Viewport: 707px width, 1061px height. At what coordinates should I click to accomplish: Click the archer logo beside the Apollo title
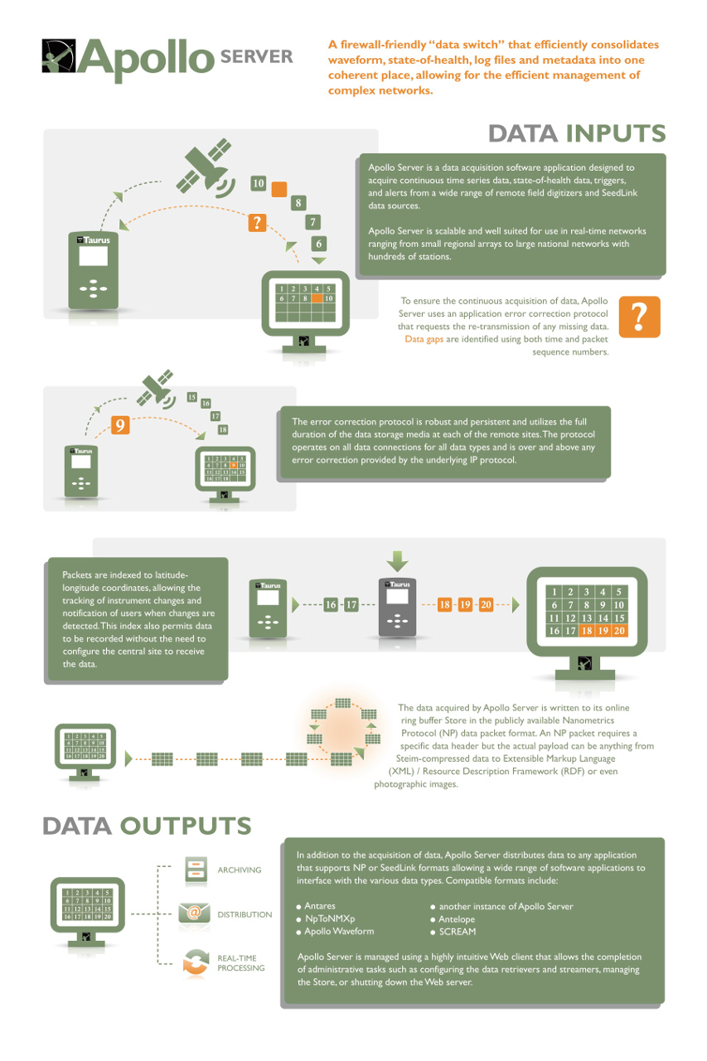click(x=58, y=56)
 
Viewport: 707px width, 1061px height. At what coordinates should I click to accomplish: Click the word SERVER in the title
click(x=257, y=57)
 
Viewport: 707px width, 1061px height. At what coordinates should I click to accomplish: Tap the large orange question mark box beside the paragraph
click(x=639, y=317)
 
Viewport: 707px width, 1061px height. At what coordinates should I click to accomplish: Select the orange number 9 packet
click(x=120, y=425)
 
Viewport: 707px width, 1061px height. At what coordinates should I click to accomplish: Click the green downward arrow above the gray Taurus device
click(x=397, y=561)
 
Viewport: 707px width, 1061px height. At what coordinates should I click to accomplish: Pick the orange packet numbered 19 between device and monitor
click(x=465, y=605)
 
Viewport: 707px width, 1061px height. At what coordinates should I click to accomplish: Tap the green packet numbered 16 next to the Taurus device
click(x=331, y=605)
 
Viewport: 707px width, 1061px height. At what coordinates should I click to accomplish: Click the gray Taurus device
click(x=397, y=608)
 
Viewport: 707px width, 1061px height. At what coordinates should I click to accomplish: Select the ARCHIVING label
click(x=240, y=870)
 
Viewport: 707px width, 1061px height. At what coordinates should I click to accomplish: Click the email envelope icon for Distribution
click(x=194, y=913)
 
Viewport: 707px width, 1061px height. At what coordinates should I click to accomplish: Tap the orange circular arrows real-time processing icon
click(x=196, y=962)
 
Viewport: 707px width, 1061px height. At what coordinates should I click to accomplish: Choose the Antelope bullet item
click(x=457, y=919)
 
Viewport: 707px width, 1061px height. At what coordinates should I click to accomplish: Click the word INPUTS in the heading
click(x=616, y=133)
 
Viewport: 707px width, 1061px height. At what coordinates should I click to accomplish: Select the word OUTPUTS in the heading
click(x=185, y=826)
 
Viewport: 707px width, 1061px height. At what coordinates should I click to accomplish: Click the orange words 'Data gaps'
click(x=424, y=339)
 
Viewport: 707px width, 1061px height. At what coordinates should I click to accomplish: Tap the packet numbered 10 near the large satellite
click(x=258, y=183)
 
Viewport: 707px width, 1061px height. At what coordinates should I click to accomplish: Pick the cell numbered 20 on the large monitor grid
click(x=619, y=631)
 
